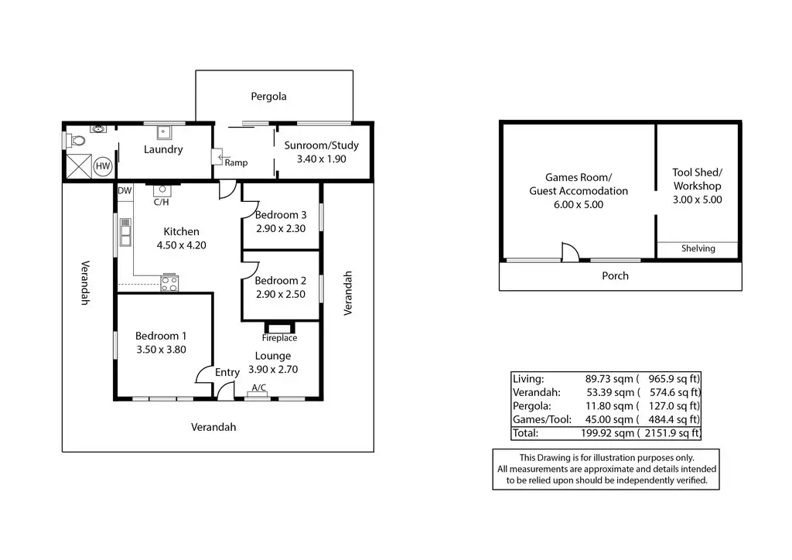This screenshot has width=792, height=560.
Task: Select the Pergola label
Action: [x=268, y=97]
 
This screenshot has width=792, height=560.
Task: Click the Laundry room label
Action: [x=163, y=149]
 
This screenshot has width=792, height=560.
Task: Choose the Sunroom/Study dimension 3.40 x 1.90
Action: [x=320, y=159]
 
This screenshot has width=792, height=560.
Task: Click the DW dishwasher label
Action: [x=125, y=190]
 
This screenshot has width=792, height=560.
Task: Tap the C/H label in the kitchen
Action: [x=162, y=203]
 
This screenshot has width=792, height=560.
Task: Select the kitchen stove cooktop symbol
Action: [x=169, y=283]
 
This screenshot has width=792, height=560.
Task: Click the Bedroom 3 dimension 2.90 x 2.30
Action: [x=281, y=228]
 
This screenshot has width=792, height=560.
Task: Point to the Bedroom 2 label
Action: [x=281, y=280]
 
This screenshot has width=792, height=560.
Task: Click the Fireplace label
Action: [x=279, y=338]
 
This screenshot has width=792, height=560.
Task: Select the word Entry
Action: [x=227, y=373]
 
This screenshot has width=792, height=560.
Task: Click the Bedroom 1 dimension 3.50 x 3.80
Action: [x=161, y=349]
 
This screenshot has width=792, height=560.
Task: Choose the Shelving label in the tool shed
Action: [x=698, y=249]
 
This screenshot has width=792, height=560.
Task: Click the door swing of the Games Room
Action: [x=568, y=252]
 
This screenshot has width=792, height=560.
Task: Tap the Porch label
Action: [x=616, y=276]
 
